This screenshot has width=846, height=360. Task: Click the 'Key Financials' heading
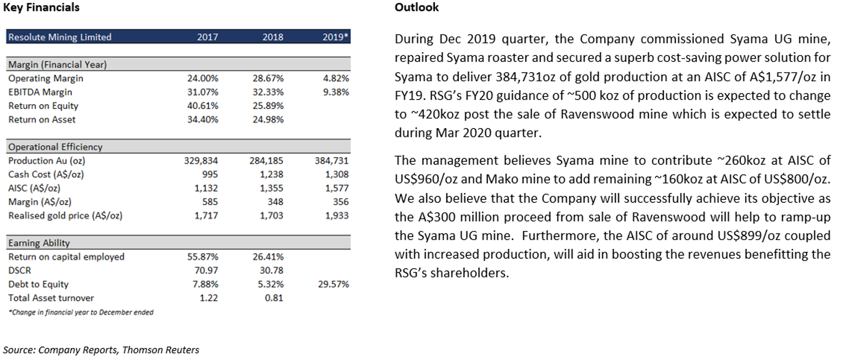point(41,8)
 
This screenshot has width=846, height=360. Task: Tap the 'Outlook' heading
point(417,7)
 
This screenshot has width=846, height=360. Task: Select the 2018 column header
point(273,37)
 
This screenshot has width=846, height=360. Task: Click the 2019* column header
point(335,37)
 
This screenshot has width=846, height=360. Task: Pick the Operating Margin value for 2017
point(203,79)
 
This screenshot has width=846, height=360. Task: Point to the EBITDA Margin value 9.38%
point(336,92)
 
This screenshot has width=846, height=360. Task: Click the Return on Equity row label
point(43,106)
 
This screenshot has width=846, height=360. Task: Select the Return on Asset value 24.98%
point(268,119)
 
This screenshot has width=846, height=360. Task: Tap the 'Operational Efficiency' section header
point(55,147)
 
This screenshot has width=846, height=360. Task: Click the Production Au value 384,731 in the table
point(331,161)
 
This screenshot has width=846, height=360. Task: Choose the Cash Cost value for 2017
point(210,174)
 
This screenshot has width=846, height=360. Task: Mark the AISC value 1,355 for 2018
point(272,188)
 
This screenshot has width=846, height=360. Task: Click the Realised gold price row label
point(65,216)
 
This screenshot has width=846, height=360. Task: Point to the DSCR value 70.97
point(206,270)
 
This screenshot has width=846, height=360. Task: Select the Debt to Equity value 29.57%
point(334,284)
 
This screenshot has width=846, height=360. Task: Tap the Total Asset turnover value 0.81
point(274,298)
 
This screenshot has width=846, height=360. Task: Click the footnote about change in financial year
point(81,312)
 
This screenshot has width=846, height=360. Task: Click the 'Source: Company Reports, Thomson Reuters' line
point(101,350)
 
